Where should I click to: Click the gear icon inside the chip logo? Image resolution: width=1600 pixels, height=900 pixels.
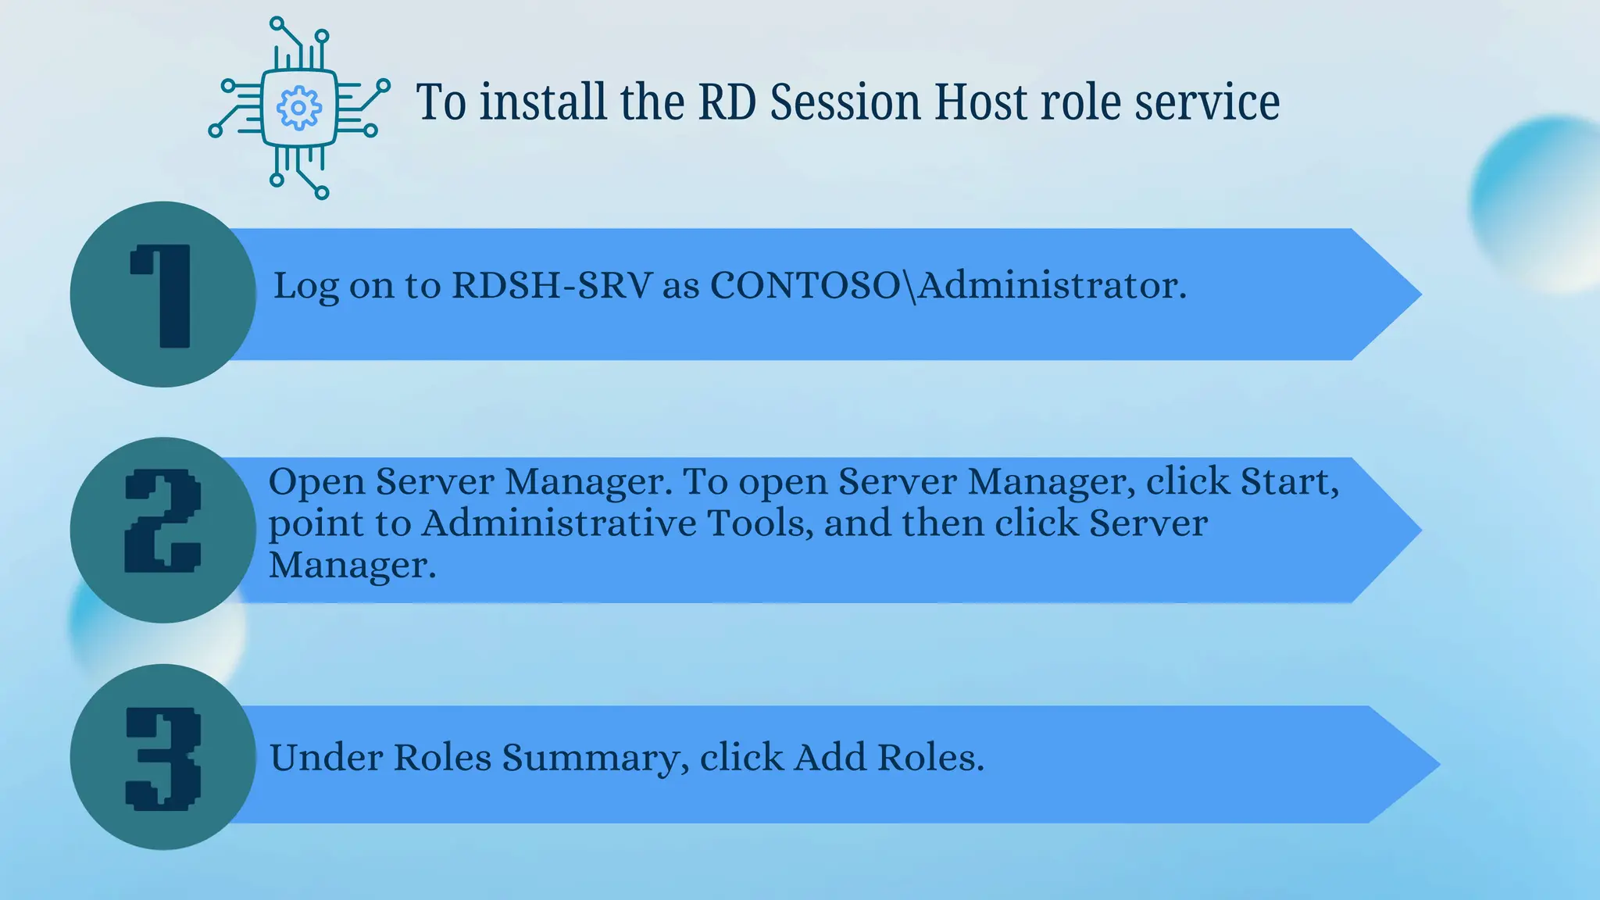coord(298,108)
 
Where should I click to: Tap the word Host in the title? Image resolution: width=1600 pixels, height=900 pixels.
coord(980,102)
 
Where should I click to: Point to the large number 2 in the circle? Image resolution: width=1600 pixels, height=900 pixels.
coord(163,521)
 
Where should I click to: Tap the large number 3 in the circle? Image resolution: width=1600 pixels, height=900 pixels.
coord(163,759)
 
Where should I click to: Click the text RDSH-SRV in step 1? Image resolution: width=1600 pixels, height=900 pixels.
coord(552,285)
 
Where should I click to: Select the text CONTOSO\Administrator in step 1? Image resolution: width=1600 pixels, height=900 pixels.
coord(947,285)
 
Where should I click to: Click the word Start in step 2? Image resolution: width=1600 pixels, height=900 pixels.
coord(1288,481)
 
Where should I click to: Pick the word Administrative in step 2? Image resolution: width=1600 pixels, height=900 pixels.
coord(559,523)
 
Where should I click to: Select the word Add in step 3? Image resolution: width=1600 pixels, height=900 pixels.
coord(830,757)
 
